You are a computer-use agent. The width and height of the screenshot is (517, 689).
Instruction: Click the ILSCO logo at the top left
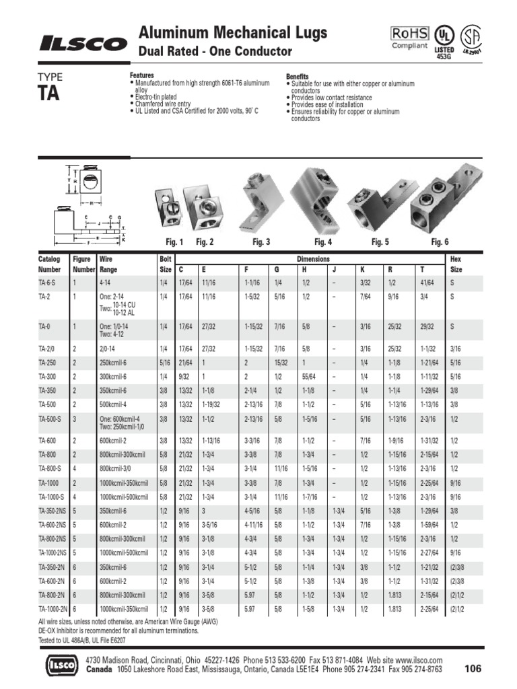pyautogui.click(x=83, y=44)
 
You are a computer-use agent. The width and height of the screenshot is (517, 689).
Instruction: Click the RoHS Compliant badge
pyautogui.click(x=410, y=38)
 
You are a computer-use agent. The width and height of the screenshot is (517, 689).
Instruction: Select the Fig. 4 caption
pyautogui.click(x=323, y=242)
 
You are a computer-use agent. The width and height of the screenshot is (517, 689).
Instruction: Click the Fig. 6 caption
pyautogui.click(x=440, y=242)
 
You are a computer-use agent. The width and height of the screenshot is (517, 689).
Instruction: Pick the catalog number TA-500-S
pyautogui.click(x=52, y=418)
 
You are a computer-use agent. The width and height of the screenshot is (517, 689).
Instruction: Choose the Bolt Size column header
pyautogui.click(x=166, y=263)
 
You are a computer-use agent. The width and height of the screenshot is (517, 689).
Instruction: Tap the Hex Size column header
pyautogui.click(x=456, y=263)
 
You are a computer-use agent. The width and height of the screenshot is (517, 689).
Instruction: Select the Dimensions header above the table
pyautogui.click(x=313, y=258)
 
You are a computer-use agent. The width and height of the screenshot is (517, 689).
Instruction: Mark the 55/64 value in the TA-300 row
pyautogui.click(x=310, y=376)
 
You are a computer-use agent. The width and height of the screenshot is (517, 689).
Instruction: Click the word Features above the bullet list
pyautogui.click(x=141, y=75)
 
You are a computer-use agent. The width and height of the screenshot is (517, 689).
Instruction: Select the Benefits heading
pyautogui.click(x=298, y=77)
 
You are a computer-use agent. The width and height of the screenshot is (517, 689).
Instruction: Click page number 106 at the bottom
pyautogui.click(x=473, y=669)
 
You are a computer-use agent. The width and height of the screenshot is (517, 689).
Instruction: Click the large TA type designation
pyautogui.click(x=49, y=93)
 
